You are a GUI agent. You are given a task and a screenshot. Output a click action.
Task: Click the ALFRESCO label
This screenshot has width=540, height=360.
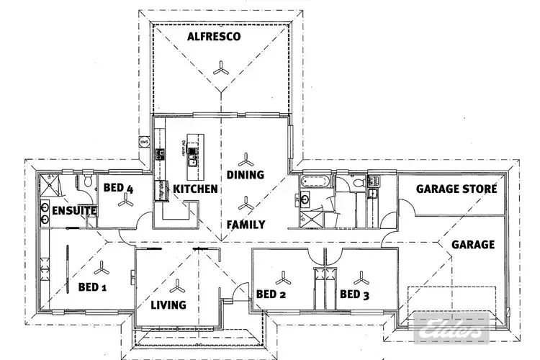click(213, 37)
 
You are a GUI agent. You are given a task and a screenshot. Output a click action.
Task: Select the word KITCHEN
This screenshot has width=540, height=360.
click(195, 189)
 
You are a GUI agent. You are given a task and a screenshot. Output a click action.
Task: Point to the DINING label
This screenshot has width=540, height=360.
click(246, 175)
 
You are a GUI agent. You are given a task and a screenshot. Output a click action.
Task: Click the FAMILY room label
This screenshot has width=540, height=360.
click(247, 225)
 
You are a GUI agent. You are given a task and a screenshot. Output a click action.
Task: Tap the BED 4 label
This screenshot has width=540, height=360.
click(118, 189)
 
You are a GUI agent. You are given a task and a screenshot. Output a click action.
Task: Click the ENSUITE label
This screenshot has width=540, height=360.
click(69, 211)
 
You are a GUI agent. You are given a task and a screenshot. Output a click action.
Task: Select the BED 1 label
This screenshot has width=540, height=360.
click(92, 287)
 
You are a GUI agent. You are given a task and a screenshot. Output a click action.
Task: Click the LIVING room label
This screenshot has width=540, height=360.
click(168, 305)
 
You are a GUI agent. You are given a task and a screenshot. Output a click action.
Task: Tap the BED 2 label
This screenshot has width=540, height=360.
click(271, 294)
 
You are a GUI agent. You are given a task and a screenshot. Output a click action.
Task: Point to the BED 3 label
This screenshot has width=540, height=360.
click(355, 294)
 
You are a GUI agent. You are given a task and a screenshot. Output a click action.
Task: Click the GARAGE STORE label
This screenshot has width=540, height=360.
click(457, 189)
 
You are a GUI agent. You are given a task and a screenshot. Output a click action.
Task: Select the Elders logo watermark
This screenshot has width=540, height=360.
click(452, 330)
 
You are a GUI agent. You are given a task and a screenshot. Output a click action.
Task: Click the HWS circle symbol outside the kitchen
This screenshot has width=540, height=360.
click(145, 141)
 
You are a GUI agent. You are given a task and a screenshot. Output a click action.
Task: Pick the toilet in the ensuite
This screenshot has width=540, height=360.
click(88, 181)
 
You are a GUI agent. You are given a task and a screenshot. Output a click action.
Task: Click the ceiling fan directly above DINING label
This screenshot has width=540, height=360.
click(247, 156)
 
